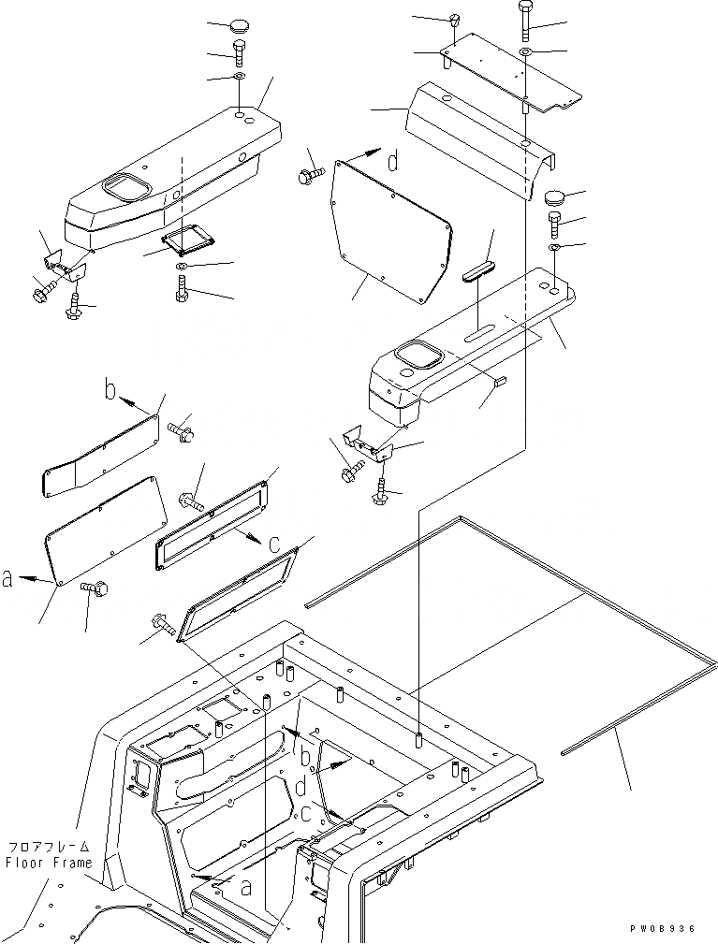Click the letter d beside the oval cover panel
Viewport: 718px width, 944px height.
pyautogui.click(x=393, y=162)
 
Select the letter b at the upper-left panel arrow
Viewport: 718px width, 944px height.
pyautogui.click(x=110, y=389)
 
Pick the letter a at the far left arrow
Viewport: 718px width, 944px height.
pyautogui.click(x=8, y=580)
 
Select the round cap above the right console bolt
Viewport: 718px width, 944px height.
pyautogui.click(x=556, y=199)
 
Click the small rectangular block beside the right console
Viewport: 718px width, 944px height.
pyautogui.click(x=500, y=380)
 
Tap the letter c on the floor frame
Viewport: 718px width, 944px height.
pyautogui.click(x=306, y=814)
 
